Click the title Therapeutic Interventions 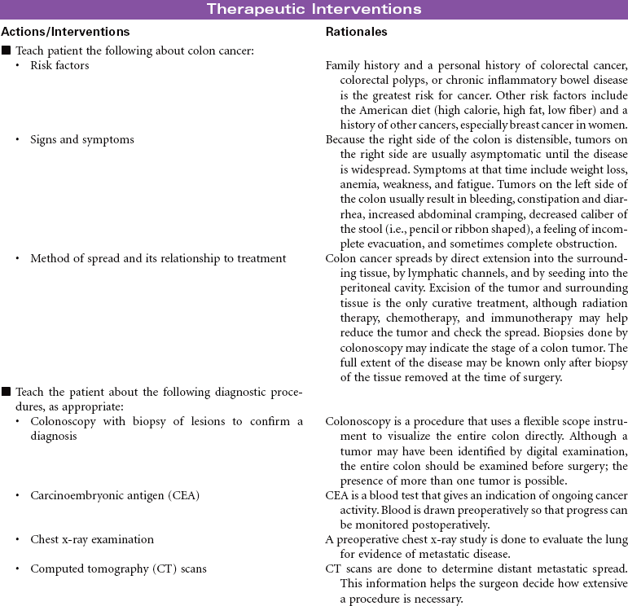tap(314, 9)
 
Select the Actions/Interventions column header tap(64, 32)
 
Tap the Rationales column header tap(356, 32)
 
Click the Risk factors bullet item tap(59, 65)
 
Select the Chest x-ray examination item tap(92, 539)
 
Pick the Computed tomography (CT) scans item tap(118, 569)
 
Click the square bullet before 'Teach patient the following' tap(7, 50)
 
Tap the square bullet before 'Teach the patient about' tap(7, 393)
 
